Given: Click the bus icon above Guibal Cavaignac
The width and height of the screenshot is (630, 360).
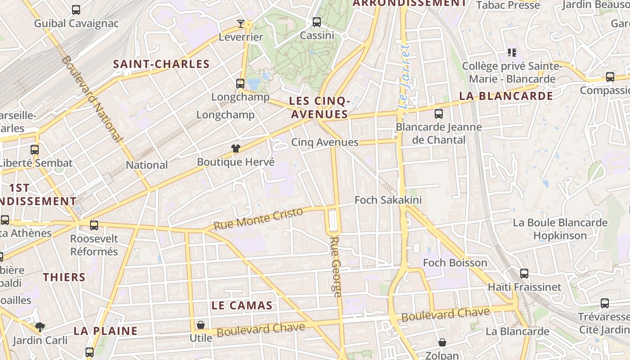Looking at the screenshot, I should click(x=76, y=9).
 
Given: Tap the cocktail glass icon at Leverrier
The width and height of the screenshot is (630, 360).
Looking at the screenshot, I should click(x=241, y=23).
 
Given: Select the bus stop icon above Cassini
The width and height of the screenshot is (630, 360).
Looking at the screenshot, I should click(x=317, y=22).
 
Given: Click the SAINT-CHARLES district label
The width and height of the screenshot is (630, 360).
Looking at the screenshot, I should click(x=161, y=64).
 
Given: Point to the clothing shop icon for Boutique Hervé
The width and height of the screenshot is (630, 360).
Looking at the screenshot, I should click(x=235, y=148).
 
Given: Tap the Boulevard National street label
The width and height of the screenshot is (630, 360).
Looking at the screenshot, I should click(x=93, y=99).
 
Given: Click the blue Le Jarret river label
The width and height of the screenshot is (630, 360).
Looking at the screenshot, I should click(x=404, y=76).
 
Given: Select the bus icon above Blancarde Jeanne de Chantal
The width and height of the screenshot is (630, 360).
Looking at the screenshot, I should click(x=439, y=114).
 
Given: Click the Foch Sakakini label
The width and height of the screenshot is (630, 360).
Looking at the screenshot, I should click(x=388, y=200).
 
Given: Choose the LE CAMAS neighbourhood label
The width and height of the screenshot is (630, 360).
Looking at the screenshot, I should click(x=242, y=306).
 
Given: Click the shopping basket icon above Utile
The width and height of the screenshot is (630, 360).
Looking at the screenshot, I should click(x=201, y=324).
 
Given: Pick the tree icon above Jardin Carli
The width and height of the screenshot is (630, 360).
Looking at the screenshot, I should click(x=40, y=327).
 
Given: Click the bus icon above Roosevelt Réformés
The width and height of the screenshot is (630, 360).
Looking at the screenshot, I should click(x=94, y=225).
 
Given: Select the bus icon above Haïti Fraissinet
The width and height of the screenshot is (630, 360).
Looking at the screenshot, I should click(x=524, y=273).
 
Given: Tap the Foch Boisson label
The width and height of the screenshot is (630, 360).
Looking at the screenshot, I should click(x=455, y=263).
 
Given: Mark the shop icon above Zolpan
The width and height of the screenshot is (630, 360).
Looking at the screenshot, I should click(x=442, y=342).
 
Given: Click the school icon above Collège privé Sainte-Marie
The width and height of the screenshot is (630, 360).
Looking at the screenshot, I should click(x=512, y=53).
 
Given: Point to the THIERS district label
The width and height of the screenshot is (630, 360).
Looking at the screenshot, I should click(x=64, y=277).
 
